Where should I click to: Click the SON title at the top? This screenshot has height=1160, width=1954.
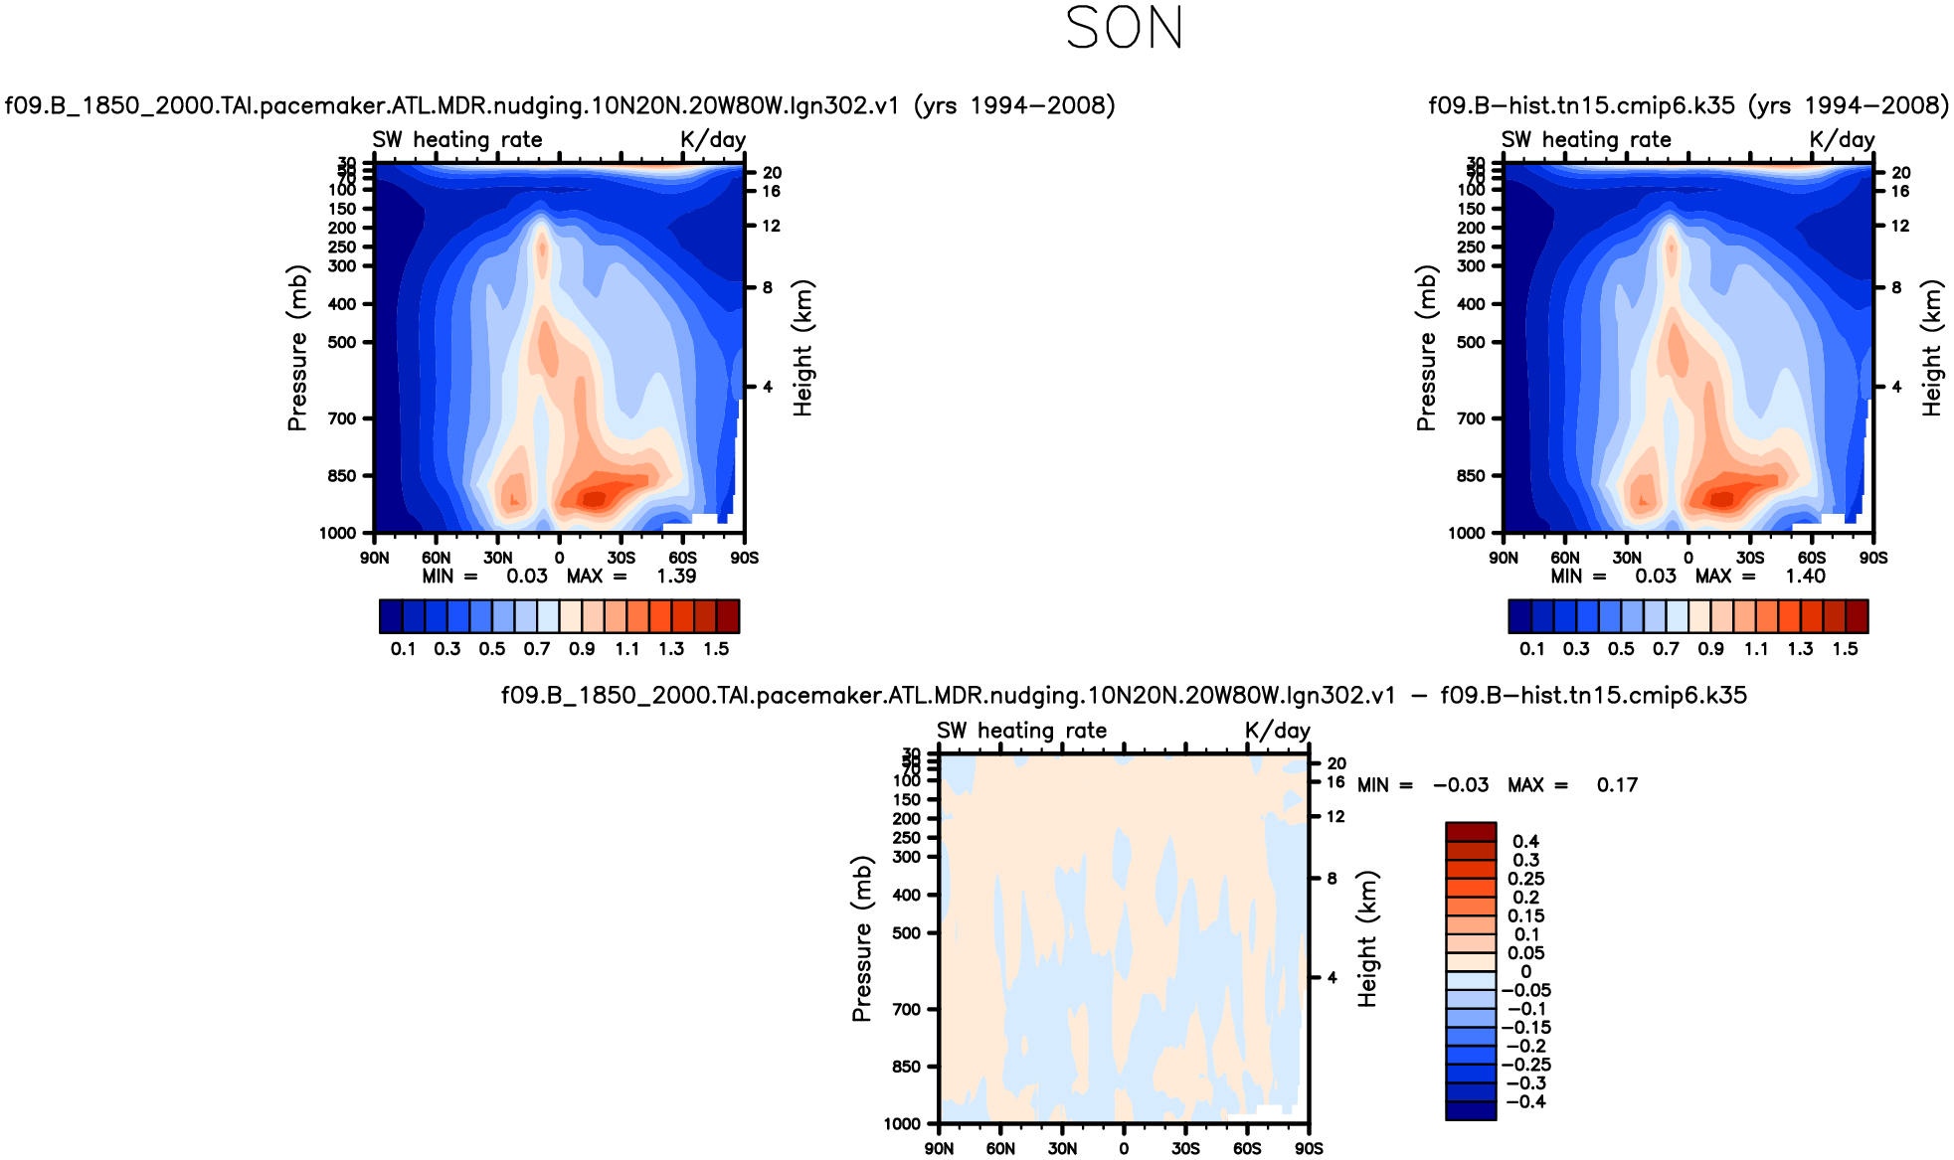point(1124,28)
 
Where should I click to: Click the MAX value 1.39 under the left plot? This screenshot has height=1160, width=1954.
point(676,577)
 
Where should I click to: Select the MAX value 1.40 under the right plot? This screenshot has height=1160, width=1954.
point(1805,577)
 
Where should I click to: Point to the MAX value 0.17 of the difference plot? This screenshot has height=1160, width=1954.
point(1617,785)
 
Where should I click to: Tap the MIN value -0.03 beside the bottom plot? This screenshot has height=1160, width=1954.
point(1461,785)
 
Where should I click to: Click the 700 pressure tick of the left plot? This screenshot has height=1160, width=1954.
point(342,418)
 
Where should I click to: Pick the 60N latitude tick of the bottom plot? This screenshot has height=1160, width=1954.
point(1000,1149)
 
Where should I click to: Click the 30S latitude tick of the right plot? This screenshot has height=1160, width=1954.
point(1750,559)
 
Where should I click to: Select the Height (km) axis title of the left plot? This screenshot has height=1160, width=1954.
point(802,348)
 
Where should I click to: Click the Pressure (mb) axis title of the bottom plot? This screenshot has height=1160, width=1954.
point(861,938)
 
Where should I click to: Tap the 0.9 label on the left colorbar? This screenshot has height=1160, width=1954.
point(582,649)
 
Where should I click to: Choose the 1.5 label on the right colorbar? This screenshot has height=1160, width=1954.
point(1845,649)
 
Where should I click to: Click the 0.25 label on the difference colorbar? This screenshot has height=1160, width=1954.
point(1525,879)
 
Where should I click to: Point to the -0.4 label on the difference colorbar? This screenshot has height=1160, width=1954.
point(1525,1102)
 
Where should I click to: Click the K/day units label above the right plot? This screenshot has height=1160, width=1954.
point(1842,140)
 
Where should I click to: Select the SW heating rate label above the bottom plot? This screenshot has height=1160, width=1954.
point(1021,731)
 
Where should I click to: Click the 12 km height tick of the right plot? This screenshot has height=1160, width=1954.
point(1900,226)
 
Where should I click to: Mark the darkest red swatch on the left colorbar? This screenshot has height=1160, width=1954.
point(728,616)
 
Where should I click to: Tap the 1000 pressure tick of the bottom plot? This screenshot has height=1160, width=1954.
point(902,1124)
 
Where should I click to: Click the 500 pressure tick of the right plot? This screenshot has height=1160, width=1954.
point(1471,342)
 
